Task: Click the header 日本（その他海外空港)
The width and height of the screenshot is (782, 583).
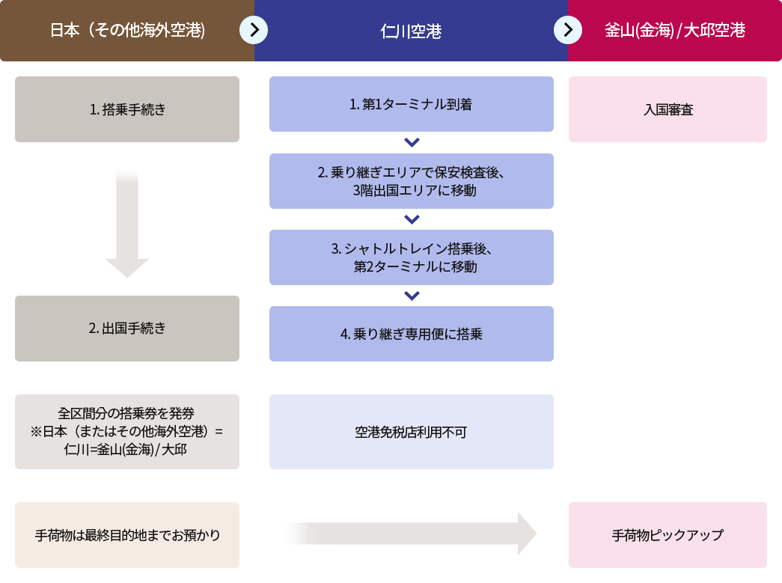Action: coord(127,31)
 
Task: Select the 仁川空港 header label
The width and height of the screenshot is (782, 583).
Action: coord(411,31)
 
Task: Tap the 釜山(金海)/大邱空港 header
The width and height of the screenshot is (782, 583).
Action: coord(675,31)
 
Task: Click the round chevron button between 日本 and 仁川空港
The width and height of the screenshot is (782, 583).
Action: coord(254,30)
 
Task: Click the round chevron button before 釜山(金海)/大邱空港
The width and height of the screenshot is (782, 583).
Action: coord(568,30)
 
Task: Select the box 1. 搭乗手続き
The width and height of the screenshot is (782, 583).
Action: coord(127,109)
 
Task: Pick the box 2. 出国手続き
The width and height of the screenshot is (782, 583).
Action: coord(127,328)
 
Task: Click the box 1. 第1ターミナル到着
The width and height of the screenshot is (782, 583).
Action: coord(412,104)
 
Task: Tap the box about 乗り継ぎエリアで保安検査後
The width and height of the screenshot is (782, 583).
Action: coord(412,181)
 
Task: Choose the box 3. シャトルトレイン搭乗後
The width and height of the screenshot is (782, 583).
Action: coord(412,257)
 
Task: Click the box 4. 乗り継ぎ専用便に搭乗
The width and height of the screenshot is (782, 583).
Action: coord(412,334)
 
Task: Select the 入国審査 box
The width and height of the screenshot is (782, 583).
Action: coord(668,109)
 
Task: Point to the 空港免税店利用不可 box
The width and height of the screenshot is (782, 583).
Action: coord(412,432)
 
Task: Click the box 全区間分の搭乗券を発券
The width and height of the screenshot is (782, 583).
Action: coord(127,432)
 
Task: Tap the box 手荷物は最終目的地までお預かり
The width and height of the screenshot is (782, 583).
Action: coord(127,534)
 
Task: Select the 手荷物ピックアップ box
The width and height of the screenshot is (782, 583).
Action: coord(668,534)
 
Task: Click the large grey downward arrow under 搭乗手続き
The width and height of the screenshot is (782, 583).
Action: coord(127,223)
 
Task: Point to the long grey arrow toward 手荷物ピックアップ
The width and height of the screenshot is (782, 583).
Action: coord(410,534)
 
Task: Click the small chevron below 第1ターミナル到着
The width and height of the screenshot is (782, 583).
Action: coord(412,143)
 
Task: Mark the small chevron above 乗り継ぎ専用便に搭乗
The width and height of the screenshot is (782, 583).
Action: coord(412,296)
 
